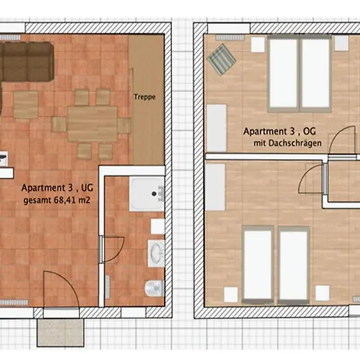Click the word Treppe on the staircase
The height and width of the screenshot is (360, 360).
click(x=145, y=97)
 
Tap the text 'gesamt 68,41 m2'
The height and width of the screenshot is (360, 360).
click(x=57, y=200)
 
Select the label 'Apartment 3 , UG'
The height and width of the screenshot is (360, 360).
click(x=58, y=188)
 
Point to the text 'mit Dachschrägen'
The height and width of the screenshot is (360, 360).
click(x=287, y=143)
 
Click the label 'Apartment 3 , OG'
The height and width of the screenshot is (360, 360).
click(x=279, y=131)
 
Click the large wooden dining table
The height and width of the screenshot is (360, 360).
click(x=92, y=124)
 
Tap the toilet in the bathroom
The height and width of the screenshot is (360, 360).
click(x=154, y=288)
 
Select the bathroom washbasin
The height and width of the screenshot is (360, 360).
click(x=156, y=253)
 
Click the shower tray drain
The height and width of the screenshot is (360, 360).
click(x=154, y=194)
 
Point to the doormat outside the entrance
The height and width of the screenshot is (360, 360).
click(x=61, y=332)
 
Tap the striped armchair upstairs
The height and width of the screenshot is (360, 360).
click(x=222, y=59)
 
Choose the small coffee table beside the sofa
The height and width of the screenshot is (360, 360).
click(x=26, y=105)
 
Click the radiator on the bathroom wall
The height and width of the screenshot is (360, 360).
click(x=107, y=287)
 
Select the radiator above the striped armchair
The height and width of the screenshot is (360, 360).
click(x=230, y=38)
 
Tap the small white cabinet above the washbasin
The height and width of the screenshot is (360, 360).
click(x=158, y=226)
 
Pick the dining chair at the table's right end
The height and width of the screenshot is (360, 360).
click(x=124, y=126)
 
